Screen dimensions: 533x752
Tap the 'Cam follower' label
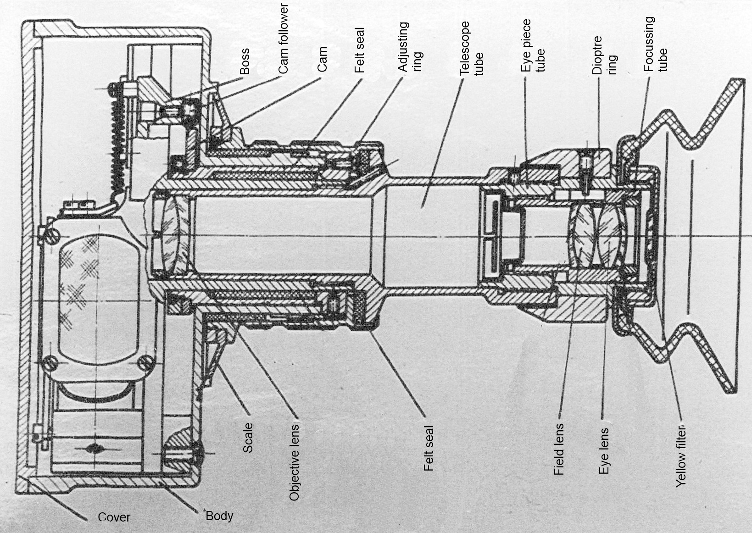(x=283, y=39)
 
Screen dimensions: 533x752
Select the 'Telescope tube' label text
(x=472, y=48)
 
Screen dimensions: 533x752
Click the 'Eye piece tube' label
(x=533, y=45)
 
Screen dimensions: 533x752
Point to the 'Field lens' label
(x=559, y=450)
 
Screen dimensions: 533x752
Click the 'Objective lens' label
(x=294, y=462)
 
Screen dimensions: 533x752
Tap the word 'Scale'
(x=247, y=438)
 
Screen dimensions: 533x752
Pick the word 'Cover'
(x=114, y=517)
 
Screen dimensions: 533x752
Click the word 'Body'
(x=219, y=516)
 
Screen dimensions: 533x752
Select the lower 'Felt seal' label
(x=429, y=449)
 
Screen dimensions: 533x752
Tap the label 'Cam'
(x=322, y=59)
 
